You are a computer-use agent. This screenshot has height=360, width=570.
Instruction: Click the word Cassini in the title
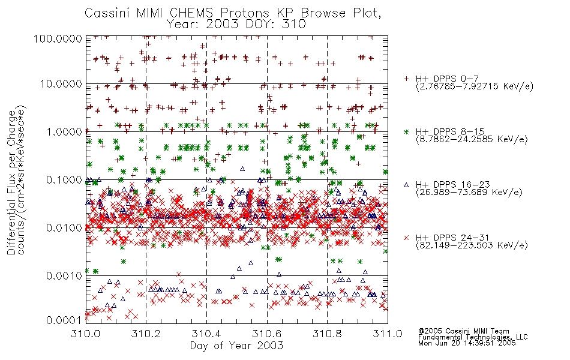point(108,13)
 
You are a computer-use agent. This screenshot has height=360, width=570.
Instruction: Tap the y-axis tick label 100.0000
point(58,39)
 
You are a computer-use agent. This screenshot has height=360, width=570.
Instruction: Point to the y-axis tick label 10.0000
point(61,84)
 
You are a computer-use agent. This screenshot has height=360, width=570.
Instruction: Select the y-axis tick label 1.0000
point(64,131)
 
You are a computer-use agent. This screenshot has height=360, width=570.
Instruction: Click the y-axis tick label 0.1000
point(64,179)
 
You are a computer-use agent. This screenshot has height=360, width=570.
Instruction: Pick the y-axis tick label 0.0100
point(64,228)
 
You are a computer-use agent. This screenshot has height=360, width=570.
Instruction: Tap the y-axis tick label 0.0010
point(64,276)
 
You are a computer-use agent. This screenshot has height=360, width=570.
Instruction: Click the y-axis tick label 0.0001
point(64,320)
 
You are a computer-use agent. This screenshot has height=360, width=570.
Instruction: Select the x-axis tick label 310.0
point(86,334)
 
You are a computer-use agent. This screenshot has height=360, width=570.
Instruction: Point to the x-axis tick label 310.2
point(146,334)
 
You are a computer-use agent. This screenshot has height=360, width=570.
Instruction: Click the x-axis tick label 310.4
point(206,334)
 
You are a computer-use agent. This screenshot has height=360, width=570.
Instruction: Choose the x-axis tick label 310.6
point(267,334)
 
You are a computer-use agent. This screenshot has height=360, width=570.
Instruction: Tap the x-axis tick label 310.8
point(327,334)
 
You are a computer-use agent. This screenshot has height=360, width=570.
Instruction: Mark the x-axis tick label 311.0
point(388,334)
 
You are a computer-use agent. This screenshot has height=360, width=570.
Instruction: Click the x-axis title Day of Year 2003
point(236,346)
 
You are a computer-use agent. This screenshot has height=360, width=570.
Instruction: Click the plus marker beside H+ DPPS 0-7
point(406,79)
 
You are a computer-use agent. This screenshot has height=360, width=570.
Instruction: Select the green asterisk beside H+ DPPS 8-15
point(406,131)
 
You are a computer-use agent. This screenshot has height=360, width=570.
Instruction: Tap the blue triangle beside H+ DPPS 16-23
point(406,185)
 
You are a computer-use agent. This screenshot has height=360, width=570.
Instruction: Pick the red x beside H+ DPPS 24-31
point(406,238)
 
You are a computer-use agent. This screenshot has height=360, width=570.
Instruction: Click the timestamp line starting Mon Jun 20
point(467,343)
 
